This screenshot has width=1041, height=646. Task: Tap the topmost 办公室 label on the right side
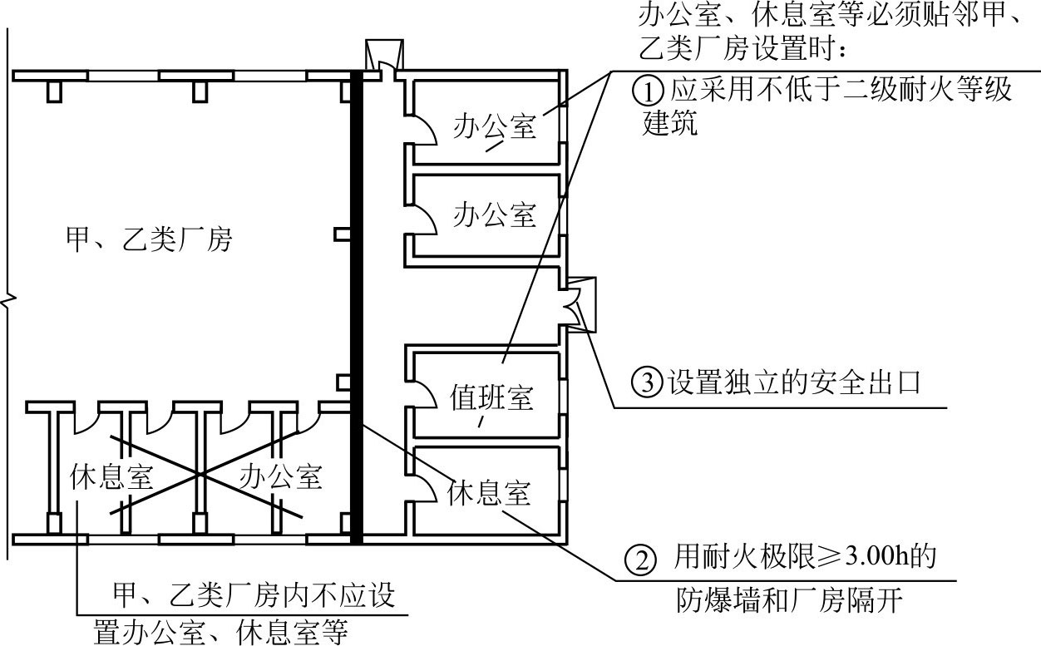495,127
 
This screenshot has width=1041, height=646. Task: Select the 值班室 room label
492,397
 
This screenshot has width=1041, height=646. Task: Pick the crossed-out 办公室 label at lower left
280,477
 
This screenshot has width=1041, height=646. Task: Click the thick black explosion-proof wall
357,308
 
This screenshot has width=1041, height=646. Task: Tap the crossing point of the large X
200,474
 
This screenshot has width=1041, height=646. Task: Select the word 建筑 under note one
670,125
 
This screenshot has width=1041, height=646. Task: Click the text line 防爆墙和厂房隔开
788,600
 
